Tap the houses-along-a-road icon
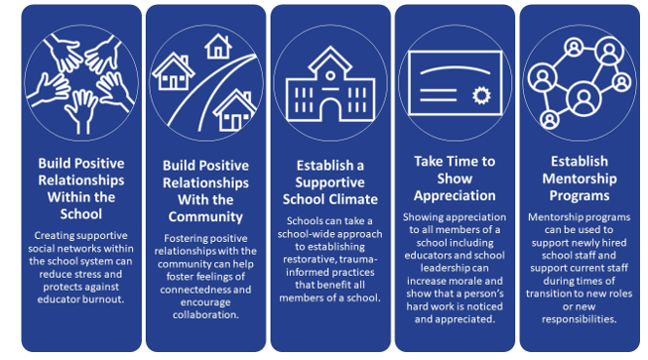tap(205, 79)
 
